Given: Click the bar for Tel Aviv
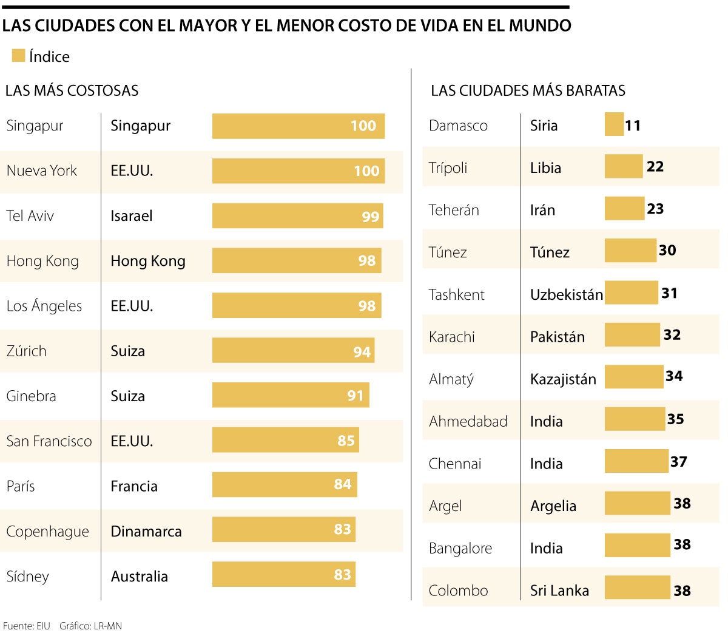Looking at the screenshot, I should (297, 216).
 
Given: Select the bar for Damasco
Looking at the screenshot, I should (614, 124).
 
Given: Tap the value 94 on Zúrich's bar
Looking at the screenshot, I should (362, 352).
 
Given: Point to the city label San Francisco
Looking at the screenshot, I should (49, 441).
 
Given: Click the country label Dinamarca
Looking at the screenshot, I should (146, 531).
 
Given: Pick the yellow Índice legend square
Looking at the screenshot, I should (18, 56).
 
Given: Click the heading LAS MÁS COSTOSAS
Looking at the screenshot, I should (72, 91).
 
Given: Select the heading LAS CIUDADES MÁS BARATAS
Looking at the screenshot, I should (528, 91).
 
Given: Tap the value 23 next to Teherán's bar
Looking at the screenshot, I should (655, 209).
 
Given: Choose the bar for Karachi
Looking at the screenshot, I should (632, 335).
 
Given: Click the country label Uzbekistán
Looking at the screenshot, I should (567, 295).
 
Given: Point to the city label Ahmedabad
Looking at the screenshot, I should (468, 421).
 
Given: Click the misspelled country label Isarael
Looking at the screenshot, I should (132, 216).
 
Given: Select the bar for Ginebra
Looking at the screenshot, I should (291, 396).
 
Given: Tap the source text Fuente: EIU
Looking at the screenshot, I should (27, 626).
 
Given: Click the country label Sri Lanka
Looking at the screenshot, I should (559, 591).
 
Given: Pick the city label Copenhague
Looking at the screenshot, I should (47, 532).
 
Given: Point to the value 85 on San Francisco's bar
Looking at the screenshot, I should (346, 441).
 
